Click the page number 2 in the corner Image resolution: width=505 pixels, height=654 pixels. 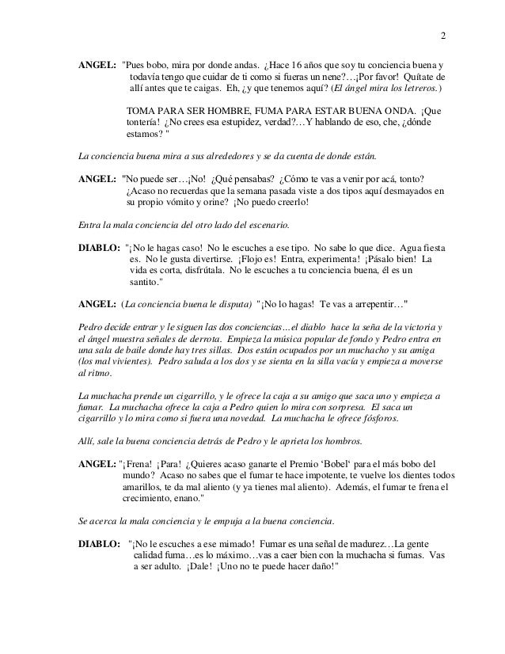pos(443,36)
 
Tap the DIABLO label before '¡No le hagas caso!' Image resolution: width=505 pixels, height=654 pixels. pos(98,246)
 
